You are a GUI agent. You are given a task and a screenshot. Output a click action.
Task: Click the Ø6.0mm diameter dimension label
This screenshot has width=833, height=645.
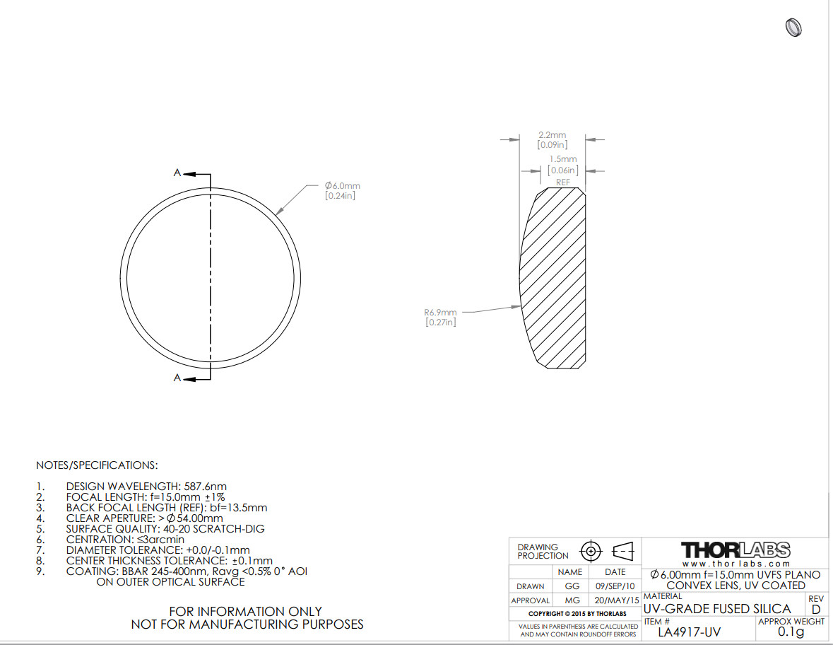click(x=343, y=185)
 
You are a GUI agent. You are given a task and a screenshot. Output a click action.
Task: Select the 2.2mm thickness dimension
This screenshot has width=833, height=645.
click(x=552, y=135)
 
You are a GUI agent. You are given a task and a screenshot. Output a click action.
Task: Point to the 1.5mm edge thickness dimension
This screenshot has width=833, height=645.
click(x=563, y=159)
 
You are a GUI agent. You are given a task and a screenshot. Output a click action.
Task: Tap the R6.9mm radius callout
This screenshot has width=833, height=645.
click(x=440, y=313)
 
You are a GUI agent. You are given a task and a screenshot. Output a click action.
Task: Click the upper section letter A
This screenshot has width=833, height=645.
click(x=177, y=173)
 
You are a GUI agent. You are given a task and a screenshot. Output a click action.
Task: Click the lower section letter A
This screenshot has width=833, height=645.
click(x=177, y=378)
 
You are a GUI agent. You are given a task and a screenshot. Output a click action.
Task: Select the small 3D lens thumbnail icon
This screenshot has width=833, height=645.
click(x=793, y=27)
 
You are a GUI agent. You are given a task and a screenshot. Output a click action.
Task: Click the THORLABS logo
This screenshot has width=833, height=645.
click(x=735, y=550)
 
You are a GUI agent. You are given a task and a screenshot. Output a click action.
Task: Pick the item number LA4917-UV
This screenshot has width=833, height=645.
click(x=690, y=632)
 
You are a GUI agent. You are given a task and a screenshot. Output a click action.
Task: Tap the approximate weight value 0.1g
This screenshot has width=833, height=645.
click(x=791, y=632)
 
